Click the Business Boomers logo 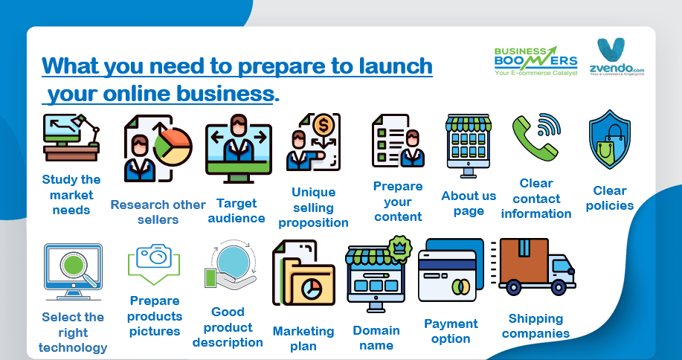tap(535, 61)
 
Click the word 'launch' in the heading tap(396, 65)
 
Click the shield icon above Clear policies tap(609, 139)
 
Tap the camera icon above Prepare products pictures tap(155, 256)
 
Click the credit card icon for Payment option tap(451, 270)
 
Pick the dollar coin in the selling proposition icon tap(324, 126)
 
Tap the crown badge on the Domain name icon tap(399, 248)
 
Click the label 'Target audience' tap(237, 211)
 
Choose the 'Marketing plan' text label tap(303, 338)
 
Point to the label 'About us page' tap(469, 204)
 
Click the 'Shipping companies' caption tap(535, 326)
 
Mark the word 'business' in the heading tap(225, 94)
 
